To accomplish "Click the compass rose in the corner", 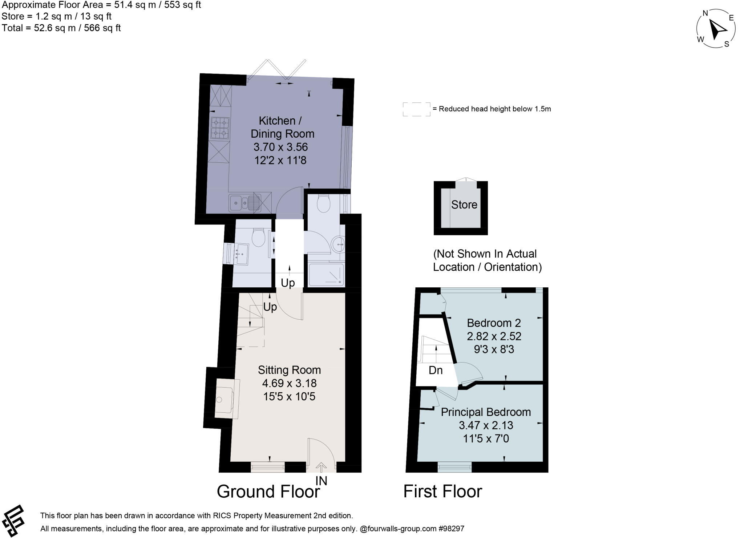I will (715, 29).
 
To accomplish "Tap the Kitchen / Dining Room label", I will (282, 127).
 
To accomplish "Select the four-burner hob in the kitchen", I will (220, 128).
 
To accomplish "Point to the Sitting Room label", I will (289, 370).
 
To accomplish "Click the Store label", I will (464, 205).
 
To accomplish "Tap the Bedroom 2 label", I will (494, 323).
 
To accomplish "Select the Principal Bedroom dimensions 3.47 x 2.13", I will (486, 425).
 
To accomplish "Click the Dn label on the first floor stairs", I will (436, 370).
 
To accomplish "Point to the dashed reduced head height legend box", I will (416, 109).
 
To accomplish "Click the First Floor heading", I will (442, 492).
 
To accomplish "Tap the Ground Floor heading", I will (268, 492).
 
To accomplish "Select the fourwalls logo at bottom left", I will (13, 520).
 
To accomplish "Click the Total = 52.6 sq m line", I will (61, 28).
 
